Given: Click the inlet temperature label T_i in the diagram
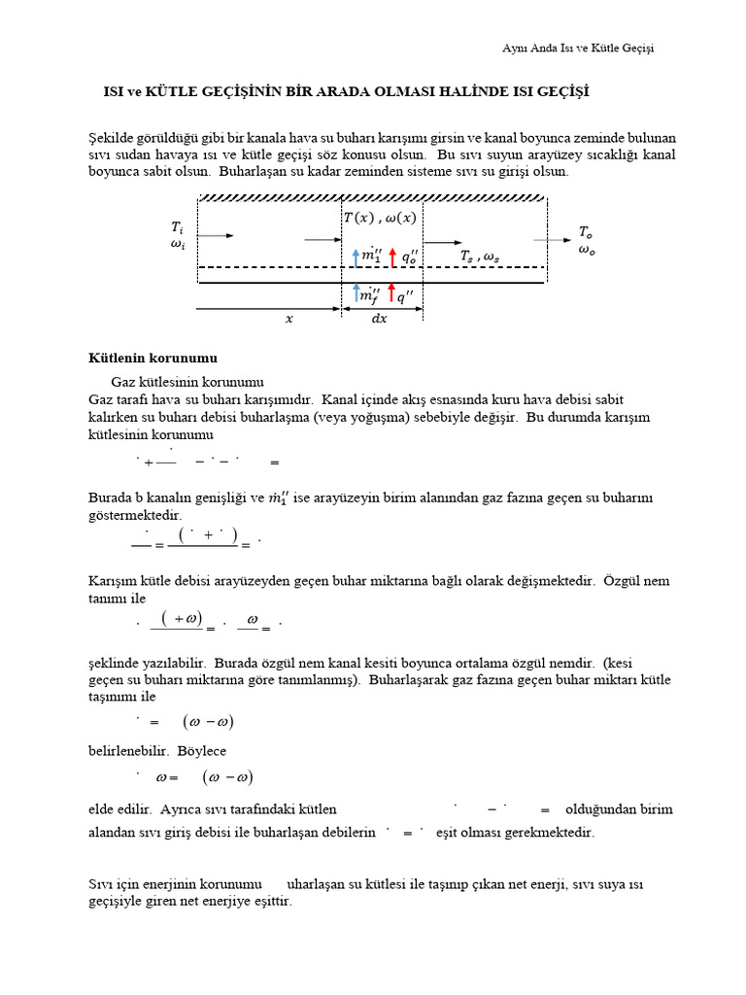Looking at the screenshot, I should click(x=177, y=227).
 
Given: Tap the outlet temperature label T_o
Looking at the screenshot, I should click(x=585, y=231).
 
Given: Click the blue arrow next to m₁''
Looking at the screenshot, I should click(x=356, y=257).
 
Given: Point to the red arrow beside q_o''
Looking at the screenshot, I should click(x=392, y=257).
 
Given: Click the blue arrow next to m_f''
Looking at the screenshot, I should click(x=356, y=292).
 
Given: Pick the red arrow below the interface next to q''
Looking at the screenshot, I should click(x=390, y=292).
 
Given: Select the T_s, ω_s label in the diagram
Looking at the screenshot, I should click(x=480, y=256).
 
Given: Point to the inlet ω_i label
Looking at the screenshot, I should click(x=177, y=245).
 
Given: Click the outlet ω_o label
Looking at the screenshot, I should click(x=586, y=250).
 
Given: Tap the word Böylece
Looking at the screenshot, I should click(x=201, y=751).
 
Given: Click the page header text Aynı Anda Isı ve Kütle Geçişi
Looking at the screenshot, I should click(x=577, y=49).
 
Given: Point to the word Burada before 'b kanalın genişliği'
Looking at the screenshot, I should click(x=113, y=497).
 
